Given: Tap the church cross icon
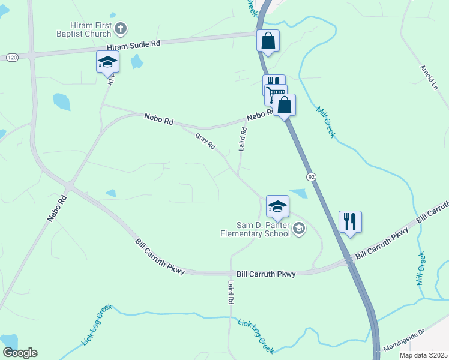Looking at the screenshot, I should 121,28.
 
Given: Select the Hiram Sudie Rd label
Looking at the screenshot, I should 134,45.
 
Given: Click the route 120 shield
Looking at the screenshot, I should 11,57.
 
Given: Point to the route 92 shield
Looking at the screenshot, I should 310,177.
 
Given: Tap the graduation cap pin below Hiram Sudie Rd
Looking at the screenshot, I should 108,62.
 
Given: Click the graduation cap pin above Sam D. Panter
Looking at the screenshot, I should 277,207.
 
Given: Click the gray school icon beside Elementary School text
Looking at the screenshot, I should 299,228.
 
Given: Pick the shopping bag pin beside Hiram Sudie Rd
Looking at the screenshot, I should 268,41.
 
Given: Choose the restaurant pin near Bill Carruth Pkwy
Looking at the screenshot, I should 349,221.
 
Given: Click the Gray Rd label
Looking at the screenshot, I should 205,142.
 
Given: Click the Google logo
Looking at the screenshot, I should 20,353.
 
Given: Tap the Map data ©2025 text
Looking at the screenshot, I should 423,355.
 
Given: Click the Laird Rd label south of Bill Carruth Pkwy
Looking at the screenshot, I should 230,292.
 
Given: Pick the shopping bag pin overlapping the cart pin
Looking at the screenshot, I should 285,106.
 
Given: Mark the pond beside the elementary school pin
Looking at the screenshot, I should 298,194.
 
